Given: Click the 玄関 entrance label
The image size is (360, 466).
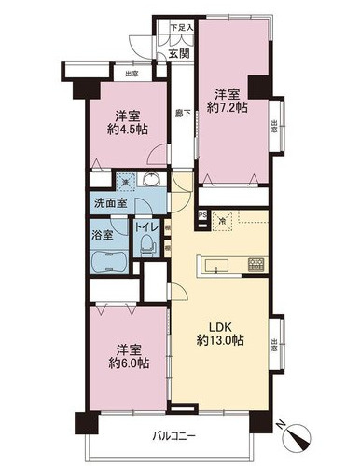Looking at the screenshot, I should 179,52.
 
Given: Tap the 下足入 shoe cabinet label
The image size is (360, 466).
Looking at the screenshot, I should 181,29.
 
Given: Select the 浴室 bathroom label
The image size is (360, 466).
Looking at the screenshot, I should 103,235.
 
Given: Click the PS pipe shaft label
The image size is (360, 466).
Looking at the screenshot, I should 202,217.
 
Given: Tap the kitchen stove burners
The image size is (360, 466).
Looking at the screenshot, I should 256,266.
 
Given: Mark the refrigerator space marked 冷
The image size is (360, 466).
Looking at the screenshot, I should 220,221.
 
